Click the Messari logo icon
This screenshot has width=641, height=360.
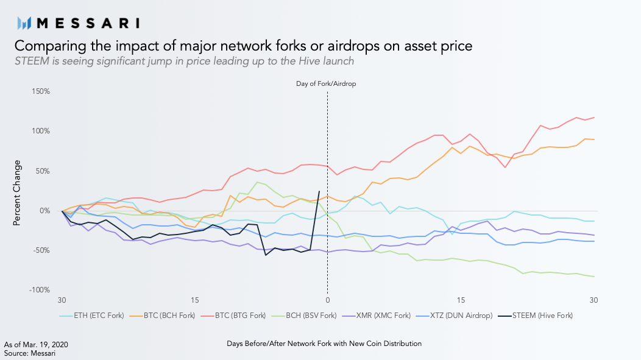[24, 23]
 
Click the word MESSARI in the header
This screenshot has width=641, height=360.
[88, 23]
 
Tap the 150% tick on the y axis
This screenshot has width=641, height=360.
[41, 91]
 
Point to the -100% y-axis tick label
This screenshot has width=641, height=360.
[39, 290]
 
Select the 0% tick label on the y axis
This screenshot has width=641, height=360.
[44, 210]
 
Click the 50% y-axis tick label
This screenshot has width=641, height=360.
[43, 171]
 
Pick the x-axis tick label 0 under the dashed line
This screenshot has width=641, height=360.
[327, 300]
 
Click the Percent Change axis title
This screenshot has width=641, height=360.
[17, 193]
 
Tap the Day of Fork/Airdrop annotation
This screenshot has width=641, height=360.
[326, 84]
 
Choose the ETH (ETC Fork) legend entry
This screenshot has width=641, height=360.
[91, 316]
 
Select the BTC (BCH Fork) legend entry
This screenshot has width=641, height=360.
[162, 316]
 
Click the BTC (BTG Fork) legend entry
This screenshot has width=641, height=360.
[233, 316]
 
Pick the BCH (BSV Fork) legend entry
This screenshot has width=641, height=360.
[304, 316]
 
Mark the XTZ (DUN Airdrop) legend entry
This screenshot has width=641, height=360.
[454, 316]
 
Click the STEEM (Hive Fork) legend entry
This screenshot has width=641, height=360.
[536, 316]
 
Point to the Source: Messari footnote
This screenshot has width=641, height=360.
[29, 353]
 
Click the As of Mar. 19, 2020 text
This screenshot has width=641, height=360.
[36, 345]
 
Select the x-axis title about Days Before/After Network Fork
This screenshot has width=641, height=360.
[324, 344]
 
